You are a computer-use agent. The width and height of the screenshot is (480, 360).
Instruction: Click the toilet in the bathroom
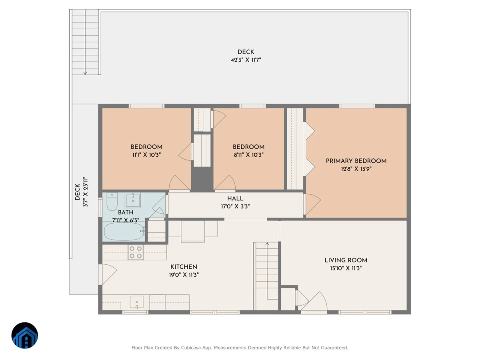[x=112, y=201]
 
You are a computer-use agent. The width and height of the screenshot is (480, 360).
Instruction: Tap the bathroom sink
[x=133, y=200]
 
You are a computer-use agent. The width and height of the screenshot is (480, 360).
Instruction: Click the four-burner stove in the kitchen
[x=136, y=252]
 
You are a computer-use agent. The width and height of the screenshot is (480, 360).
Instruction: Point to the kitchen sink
[x=137, y=302]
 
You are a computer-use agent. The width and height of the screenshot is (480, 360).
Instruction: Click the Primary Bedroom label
[x=356, y=161]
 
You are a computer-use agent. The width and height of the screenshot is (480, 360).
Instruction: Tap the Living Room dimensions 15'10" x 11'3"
[x=346, y=268]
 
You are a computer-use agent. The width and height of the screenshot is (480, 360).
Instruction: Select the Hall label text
[x=235, y=198]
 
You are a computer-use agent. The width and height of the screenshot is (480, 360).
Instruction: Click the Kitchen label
[x=184, y=267]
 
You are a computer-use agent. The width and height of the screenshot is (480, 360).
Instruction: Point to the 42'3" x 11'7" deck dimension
[x=246, y=60]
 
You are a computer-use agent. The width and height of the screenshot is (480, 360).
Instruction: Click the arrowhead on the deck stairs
[x=85, y=73]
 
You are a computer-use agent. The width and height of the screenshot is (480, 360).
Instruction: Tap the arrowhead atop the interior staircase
[x=267, y=244]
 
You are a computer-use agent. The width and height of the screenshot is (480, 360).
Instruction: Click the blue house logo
[x=25, y=335]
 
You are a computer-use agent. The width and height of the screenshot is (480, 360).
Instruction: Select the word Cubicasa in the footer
[x=191, y=348]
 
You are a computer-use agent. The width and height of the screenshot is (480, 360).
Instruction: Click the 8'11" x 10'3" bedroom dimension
[x=249, y=155]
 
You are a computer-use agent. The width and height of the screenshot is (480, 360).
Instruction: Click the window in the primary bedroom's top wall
[x=357, y=106]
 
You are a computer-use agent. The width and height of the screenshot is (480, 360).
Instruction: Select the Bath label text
[x=126, y=212]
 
